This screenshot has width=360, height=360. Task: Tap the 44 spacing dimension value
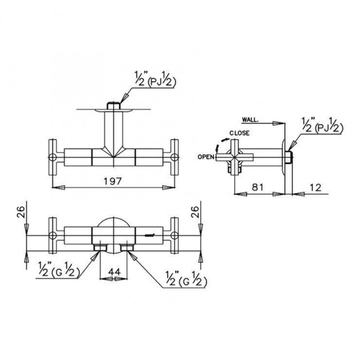point(114,272)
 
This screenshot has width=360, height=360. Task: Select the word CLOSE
point(239,133)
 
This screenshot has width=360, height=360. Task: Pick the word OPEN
point(207,157)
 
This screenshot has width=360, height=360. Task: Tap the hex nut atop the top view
point(113,105)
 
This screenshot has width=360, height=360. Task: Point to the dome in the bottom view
point(113,225)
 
